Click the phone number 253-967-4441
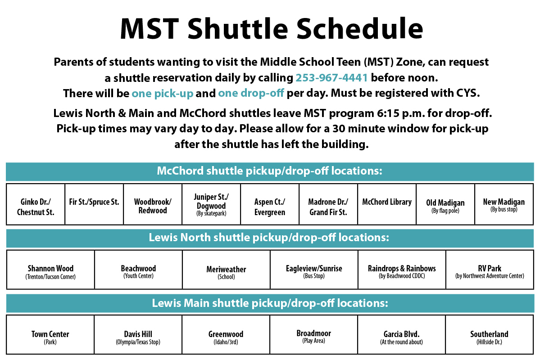(331, 78)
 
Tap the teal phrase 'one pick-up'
(163, 93)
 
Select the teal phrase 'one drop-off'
(251, 93)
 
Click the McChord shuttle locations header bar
(270, 171)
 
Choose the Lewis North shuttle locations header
(270, 238)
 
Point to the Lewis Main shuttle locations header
(270, 304)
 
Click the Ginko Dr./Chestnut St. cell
(36, 204)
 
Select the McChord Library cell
(387, 204)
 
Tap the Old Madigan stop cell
(445, 204)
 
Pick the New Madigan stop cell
(504, 204)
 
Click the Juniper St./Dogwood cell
(211, 204)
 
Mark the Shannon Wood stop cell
(50, 270)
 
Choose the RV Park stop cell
(490, 270)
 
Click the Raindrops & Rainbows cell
(402, 270)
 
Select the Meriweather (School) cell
(226, 270)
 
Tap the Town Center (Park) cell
(50, 334)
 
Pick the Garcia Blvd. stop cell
(402, 334)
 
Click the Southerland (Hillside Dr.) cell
(490, 334)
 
